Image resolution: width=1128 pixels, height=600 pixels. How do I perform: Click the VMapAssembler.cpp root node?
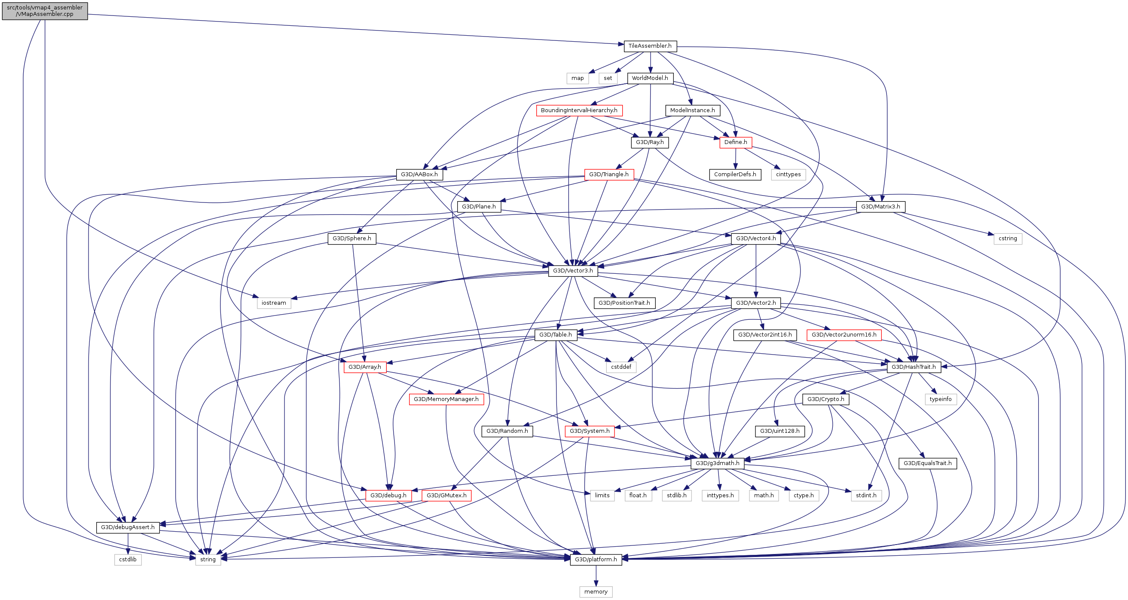tap(45, 11)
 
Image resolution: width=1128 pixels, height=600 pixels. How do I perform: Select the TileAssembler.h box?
tap(650, 46)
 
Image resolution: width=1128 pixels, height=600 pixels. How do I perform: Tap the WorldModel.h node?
tap(650, 78)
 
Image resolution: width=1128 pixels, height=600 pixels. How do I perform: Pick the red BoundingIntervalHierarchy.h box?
tap(579, 110)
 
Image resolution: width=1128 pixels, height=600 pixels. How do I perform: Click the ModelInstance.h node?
tap(692, 110)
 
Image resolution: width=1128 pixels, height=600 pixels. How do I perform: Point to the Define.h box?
tap(736, 142)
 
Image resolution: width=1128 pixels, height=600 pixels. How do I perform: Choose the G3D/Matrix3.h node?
tap(880, 207)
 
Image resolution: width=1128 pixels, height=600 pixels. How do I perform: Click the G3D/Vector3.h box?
tap(573, 271)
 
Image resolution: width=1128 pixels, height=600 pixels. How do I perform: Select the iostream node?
tap(274, 303)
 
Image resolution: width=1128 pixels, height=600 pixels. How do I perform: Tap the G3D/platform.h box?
tap(596, 560)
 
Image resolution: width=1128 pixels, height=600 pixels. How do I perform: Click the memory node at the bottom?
tap(596, 592)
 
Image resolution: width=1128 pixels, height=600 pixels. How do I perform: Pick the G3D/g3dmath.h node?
tap(717, 463)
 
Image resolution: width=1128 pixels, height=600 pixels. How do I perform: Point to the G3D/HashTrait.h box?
tap(914, 367)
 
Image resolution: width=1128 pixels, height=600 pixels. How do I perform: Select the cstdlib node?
tap(128, 560)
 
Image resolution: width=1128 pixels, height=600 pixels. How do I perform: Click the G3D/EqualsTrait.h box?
tap(927, 463)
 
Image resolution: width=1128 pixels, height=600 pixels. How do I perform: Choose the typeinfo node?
tap(941, 399)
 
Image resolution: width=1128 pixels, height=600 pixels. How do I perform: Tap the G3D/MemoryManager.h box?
tap(446, 399)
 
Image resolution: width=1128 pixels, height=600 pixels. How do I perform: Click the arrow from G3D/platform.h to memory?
tap(596, 576)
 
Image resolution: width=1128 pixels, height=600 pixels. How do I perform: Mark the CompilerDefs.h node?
tap(735, 175)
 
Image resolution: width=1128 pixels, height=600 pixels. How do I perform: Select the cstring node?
tap(1008, 239)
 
